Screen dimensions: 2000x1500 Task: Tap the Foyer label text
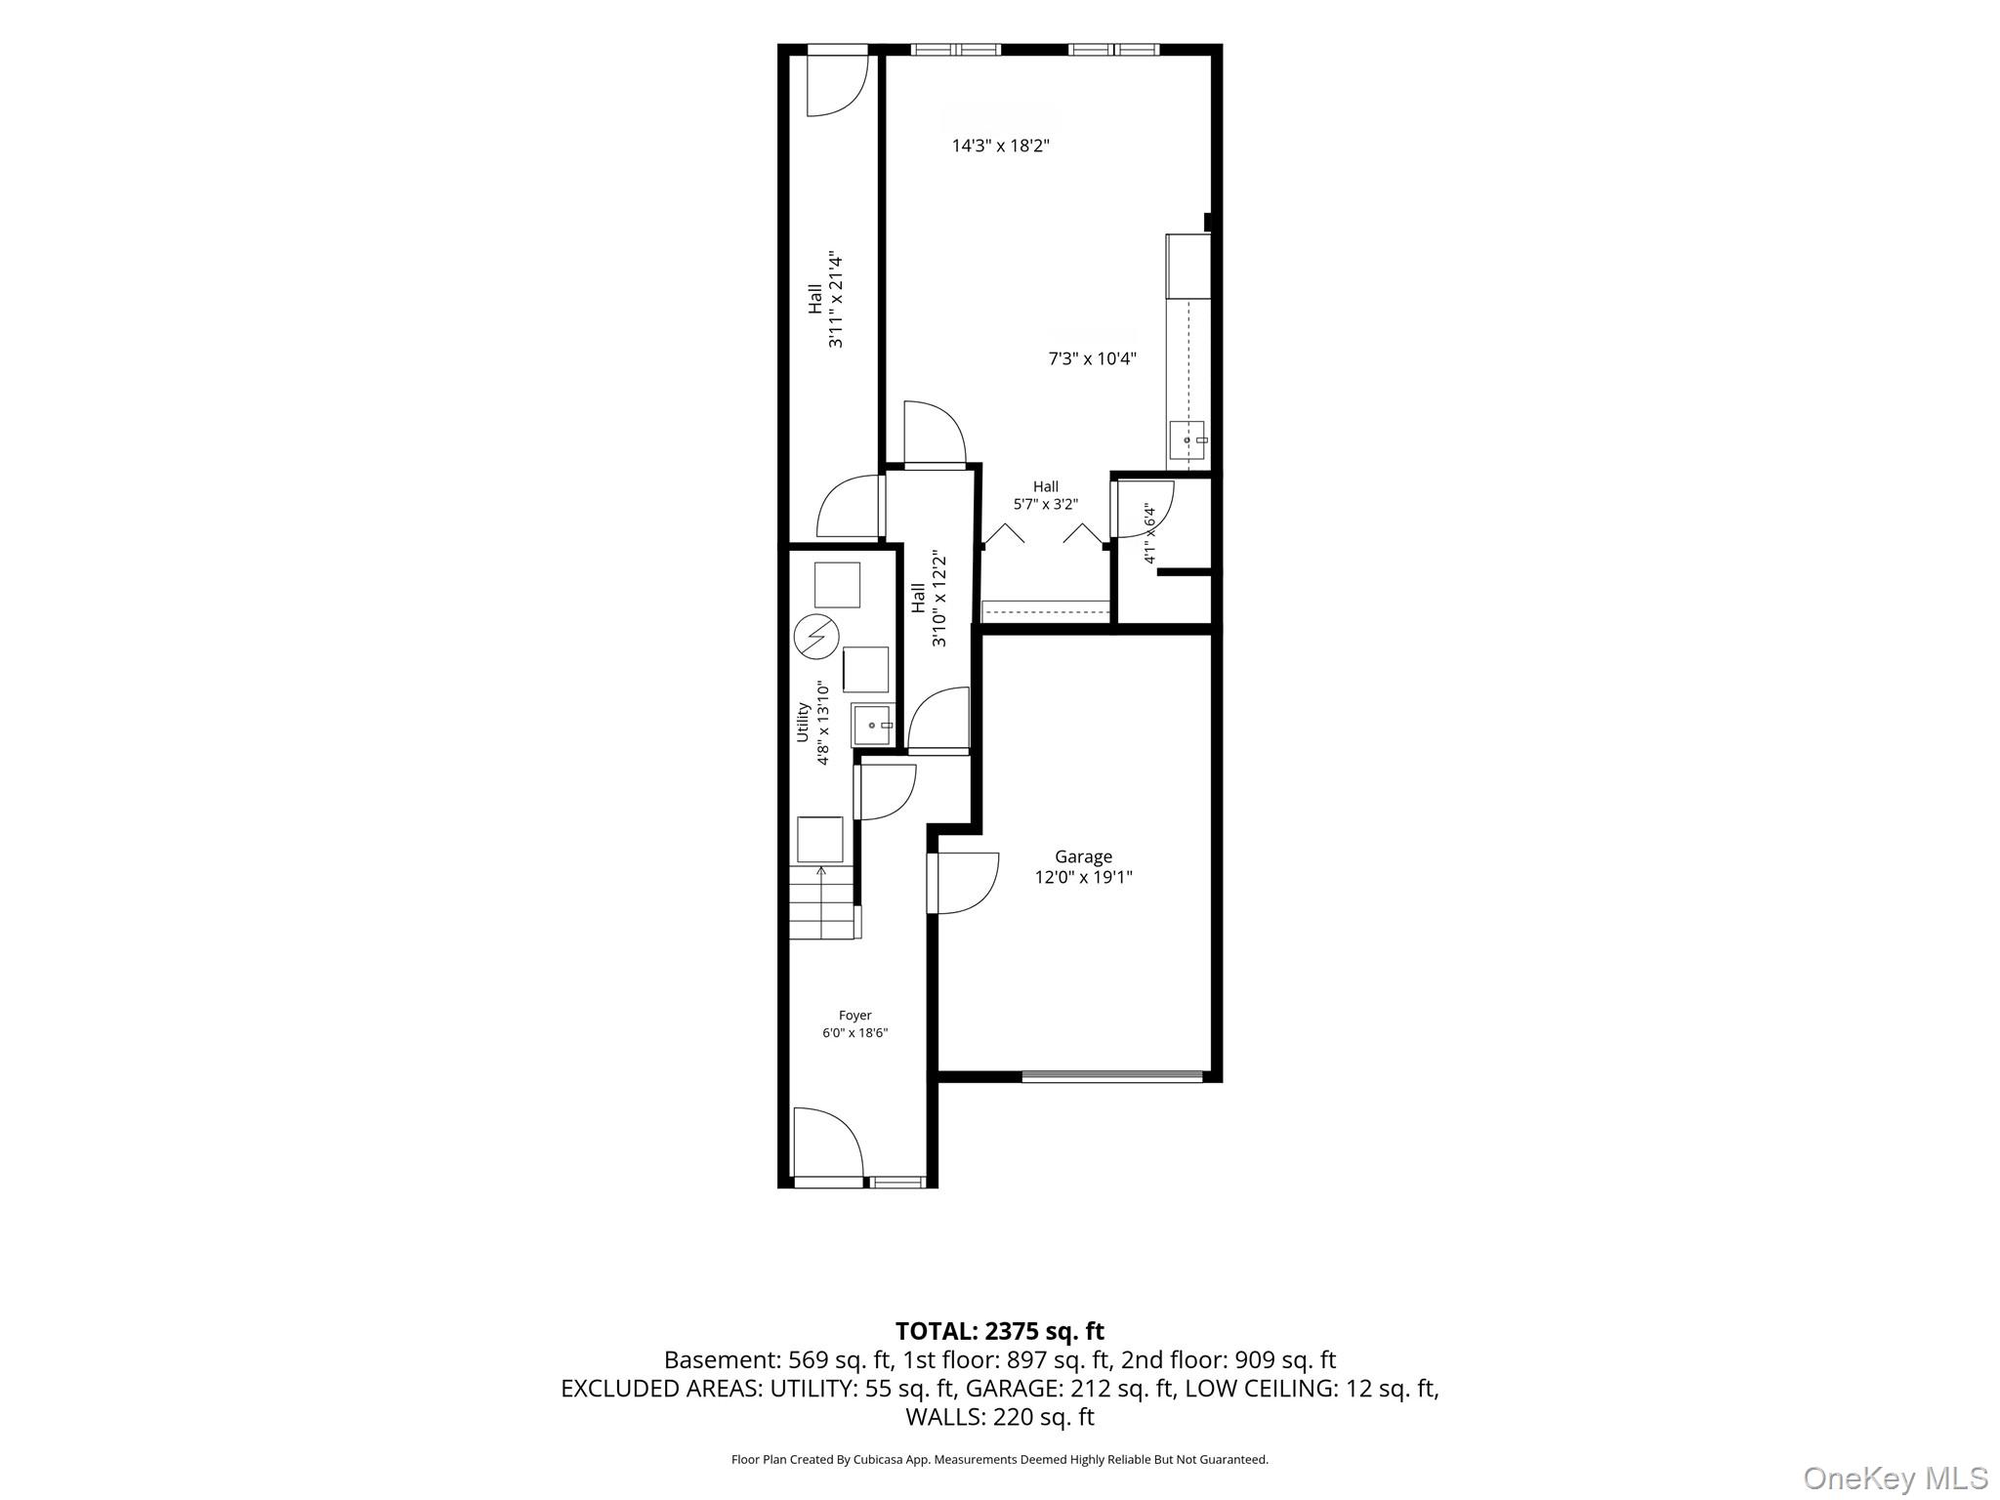coord(854,1016)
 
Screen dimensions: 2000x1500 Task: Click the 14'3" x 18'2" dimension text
coord(1000,146)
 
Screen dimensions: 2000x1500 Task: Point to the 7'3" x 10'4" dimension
coord(1092,358)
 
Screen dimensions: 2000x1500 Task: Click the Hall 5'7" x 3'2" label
coord(1045,495)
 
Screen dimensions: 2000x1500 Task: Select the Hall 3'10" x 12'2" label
coord(928,598)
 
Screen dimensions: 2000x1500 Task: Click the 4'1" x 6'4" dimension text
coord(1149,533)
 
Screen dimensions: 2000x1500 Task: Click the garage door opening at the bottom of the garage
coord(1112,1076)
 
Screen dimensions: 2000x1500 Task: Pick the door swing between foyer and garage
coord(963,884)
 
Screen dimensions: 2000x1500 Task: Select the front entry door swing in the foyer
coord(828,1143)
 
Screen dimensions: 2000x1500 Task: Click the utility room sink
coord(872,726)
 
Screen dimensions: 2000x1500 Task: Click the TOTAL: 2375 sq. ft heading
coord(999,1331)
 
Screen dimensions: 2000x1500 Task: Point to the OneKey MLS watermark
coord(1895,1478)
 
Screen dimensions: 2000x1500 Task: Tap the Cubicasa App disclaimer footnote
coord(999,1460)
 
